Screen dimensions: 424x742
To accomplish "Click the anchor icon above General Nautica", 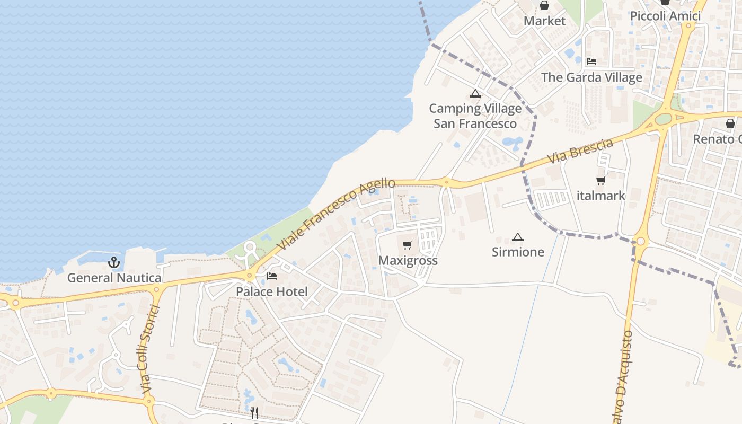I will [x=114, y=262].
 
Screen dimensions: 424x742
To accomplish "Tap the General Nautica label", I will [x=114, y=278].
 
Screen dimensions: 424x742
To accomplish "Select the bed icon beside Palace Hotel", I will [x=272, y=276].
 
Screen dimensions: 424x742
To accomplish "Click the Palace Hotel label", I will [x=272, y=291].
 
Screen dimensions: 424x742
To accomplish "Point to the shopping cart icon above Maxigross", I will [x=408, y=245].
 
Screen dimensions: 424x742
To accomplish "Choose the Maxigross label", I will [x=408, y=260].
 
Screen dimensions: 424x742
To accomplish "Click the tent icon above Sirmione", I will [x=518, y=237].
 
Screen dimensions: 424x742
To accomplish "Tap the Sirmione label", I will [x=518, y=252].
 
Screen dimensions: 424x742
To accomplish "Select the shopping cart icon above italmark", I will [x=600, y=181].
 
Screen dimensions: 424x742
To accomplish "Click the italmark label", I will [x=601, y=196].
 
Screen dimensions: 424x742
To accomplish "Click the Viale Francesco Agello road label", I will [x=337, y=214].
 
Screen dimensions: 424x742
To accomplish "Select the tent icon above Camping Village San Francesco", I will [x=475, y=94].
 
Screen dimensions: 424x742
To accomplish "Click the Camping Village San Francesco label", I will [x=475, y=116].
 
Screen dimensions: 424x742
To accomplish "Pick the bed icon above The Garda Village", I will [x=591, y=61].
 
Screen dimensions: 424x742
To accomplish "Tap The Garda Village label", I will [x=591, y=77].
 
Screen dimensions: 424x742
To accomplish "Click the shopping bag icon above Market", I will [x=544, y=6].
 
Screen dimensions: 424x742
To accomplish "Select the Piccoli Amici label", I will [x=665, y=16].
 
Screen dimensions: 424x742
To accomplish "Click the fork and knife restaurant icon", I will [x=254, y=412].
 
